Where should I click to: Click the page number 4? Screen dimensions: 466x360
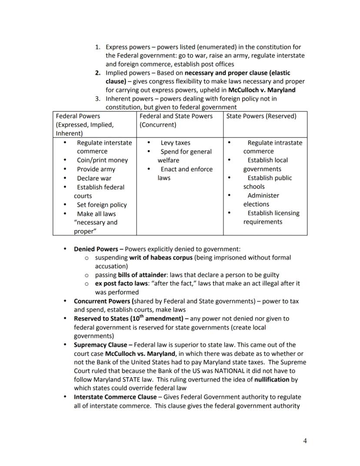point(305,441)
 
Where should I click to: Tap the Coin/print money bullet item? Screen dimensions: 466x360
point(102,160)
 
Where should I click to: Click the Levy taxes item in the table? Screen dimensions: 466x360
point(175,143)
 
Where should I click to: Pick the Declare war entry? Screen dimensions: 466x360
point(94,178)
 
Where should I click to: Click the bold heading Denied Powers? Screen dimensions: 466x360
point(96,249)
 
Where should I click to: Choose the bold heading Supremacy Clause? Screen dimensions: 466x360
point(100,345)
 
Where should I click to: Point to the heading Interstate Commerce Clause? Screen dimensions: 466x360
point(115,397)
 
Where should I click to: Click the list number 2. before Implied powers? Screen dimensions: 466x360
point(98,73)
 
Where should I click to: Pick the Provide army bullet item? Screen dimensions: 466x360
point(96,169)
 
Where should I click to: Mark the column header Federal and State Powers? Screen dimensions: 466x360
point(176,116)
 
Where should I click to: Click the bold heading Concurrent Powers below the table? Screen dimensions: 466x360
point(102,301)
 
